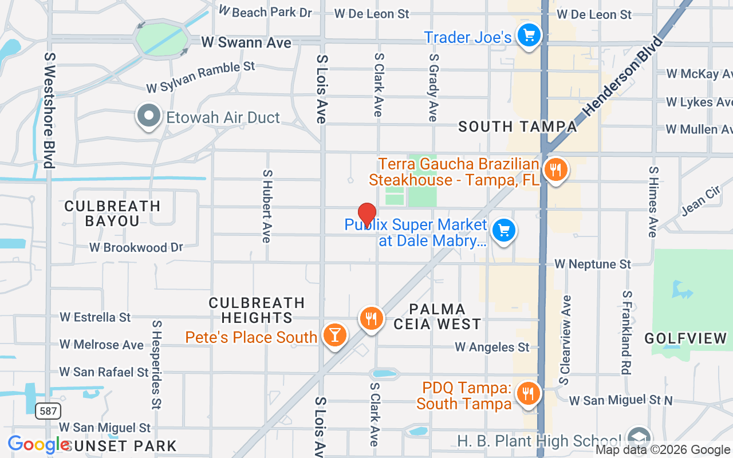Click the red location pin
point(366,214)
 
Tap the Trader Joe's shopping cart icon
point(529,36)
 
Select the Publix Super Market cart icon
point(503,231)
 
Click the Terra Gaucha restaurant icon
point(555,169)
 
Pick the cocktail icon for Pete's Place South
point(334,334)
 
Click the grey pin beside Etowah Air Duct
point(149,116)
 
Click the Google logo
point(38,445)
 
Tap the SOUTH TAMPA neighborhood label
point(517,127)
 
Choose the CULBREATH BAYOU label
point(112,213)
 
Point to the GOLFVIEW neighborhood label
point(685,338)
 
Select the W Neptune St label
point(592,264)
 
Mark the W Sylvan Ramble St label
point(200,77)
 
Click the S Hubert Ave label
point(266,206)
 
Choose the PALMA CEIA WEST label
point(437,317)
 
